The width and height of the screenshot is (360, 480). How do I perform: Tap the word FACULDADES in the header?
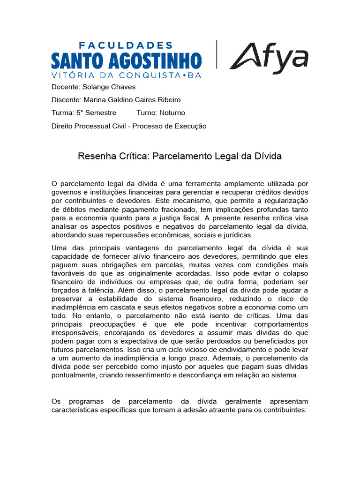point(126,45)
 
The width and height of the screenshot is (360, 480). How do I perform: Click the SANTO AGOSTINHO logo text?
point(126,61)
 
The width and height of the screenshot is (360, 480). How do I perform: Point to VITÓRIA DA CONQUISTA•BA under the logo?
point(126,75)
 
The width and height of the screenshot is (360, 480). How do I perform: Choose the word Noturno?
point(172,113)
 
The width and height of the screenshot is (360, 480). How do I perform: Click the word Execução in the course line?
point(190,126)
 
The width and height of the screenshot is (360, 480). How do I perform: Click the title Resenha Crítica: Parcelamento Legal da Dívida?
point(180,156)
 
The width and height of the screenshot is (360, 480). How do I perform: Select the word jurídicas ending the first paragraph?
point(237,235)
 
